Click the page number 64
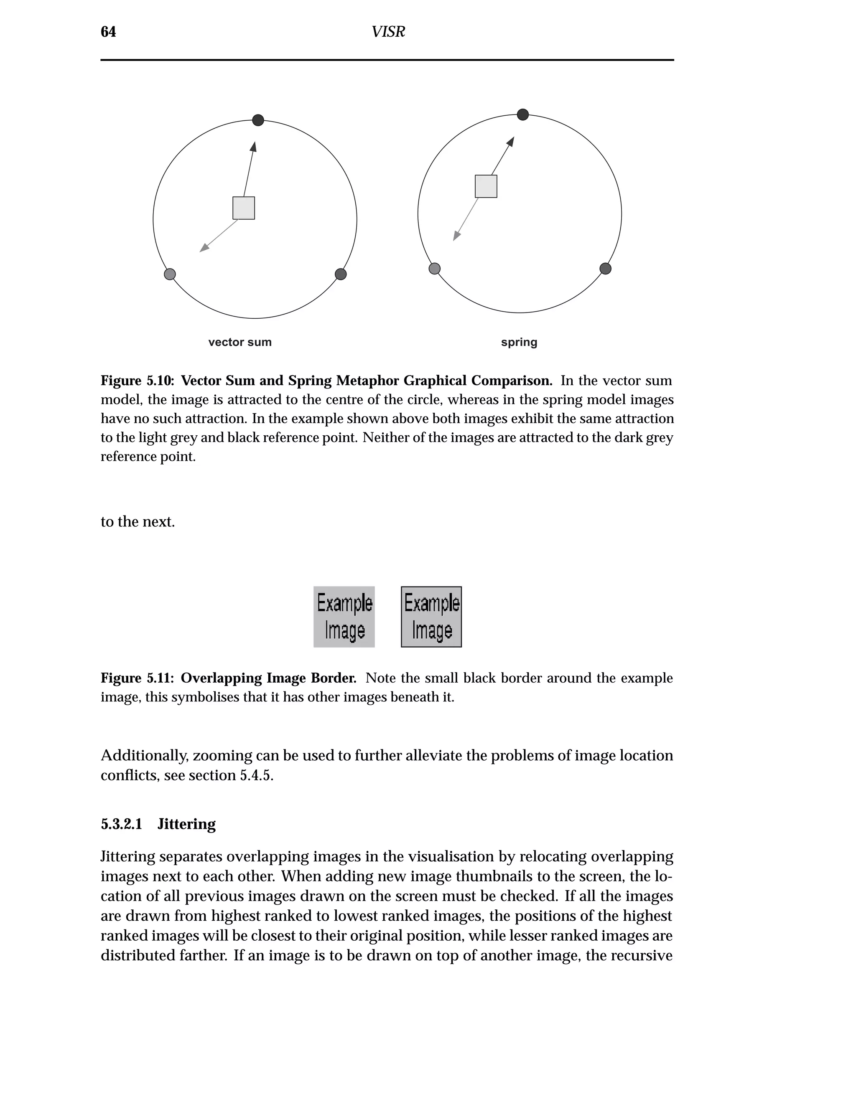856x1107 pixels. (108, 32)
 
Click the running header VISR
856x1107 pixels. (388, 32)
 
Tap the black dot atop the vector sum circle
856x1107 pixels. (258, 120)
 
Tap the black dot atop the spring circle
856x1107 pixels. (523, 114)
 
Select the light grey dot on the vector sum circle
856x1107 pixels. (170, 274)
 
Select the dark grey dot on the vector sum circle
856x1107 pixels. (341, 274)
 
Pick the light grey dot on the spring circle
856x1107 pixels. (435, 269)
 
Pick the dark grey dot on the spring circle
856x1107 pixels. (606, 269)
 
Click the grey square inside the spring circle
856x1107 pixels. (486, 186)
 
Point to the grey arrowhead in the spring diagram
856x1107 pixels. (456, 236)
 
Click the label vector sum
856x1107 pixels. (240, 342)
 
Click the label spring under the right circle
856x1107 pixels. (519, 342)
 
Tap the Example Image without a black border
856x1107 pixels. (344, 617)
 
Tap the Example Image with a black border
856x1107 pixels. (431, 617)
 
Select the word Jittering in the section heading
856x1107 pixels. (186, 824)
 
